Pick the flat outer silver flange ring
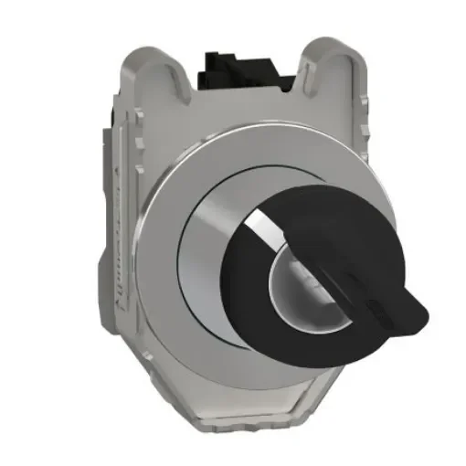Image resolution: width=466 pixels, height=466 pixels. (174, 274)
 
